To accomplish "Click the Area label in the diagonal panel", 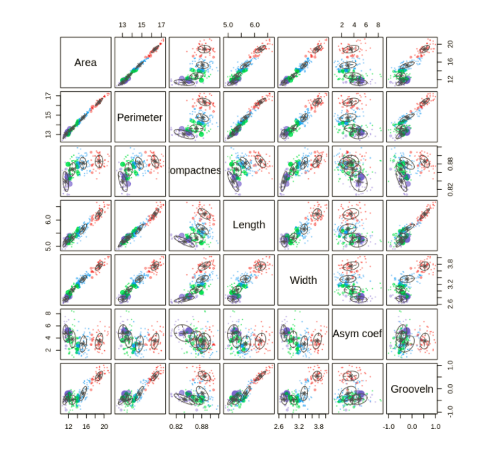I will coord(85,63).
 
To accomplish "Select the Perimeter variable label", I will coord(140,117).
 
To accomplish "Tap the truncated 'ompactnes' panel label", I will coord(195,171).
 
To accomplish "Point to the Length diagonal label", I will coord(249,225).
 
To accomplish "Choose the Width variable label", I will coord(303,280).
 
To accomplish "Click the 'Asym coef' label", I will coord(357,334).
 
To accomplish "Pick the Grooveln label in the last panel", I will coord(412,388).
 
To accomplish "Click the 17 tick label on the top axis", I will coord(161,25).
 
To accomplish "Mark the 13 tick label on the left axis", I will coord(50,133).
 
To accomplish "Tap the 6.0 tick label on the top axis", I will coord(254,25).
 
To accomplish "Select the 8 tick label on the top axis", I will coord(378,25).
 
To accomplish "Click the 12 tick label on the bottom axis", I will coord(68,427).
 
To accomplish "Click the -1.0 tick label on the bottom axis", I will coord(390,427).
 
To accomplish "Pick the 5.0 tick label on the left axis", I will coord(50,246).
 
